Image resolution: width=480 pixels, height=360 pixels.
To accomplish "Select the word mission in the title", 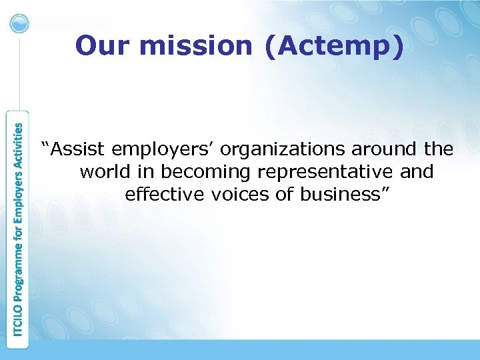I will (193, 47).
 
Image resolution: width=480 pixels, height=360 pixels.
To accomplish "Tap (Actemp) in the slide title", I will (334, 47).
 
